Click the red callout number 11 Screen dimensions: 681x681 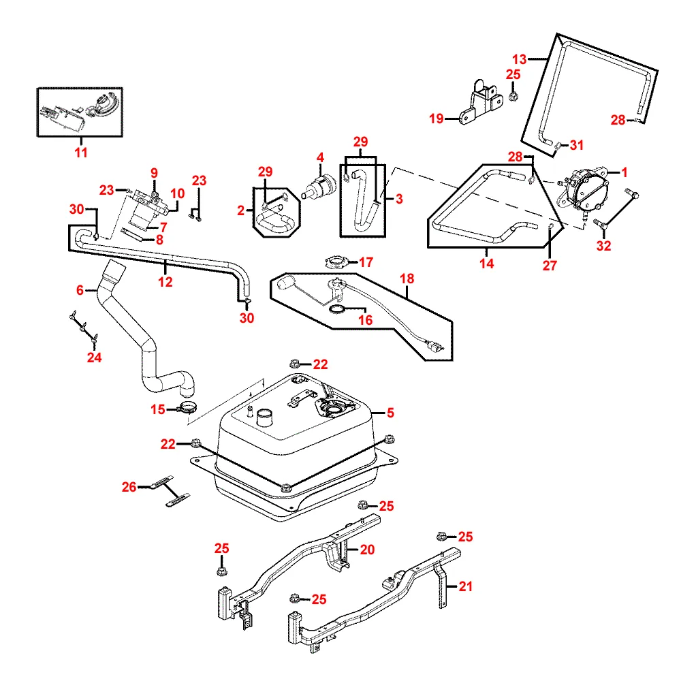tap(81, 153)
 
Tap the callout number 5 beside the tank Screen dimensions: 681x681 tap(390, 412)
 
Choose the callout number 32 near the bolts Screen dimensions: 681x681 tap(603, 246)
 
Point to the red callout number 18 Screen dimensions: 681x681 tap(407, 278)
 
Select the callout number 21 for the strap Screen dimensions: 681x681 tap(466, 586)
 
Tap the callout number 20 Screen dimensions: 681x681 tap(367, 550)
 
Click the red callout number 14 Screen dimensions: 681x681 tap(486, 263)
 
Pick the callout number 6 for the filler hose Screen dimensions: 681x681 tap(80, 289)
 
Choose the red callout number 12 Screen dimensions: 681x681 tap(165, 282)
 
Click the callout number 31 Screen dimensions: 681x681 tap(577, 144)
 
